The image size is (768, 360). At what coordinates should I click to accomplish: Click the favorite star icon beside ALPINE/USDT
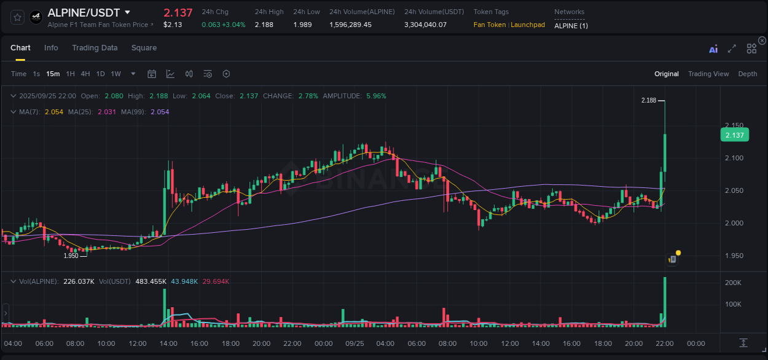point(18,17)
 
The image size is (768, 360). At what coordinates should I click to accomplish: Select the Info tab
point(51,48)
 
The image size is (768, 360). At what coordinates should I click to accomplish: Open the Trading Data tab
point(95,48)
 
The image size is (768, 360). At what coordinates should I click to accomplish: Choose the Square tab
point(144,48)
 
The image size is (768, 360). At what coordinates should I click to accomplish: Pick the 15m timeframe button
point(53,74)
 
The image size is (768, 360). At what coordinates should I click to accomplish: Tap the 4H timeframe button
point(85,74)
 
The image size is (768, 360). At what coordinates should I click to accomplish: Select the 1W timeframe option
point(116,74)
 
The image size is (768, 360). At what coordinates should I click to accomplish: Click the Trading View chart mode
point(708,74)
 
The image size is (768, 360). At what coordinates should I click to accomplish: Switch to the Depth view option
point(748,74)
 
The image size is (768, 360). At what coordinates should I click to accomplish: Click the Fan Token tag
point(490,25)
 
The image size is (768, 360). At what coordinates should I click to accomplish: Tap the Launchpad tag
point(528,25)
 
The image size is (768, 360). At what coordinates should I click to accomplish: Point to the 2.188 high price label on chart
point(648,100)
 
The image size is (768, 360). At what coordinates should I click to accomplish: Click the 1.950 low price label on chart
point(71,256)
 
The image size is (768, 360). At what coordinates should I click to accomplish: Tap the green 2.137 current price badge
point(735,135)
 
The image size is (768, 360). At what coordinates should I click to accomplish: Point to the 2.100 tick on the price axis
point(734,158)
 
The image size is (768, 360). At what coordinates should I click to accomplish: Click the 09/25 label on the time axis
point(355,343)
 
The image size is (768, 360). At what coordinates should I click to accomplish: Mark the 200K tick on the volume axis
point(733,283)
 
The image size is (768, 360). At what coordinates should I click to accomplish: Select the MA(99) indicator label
point(133,112)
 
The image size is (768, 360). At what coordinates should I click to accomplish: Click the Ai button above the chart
point(713,49)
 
